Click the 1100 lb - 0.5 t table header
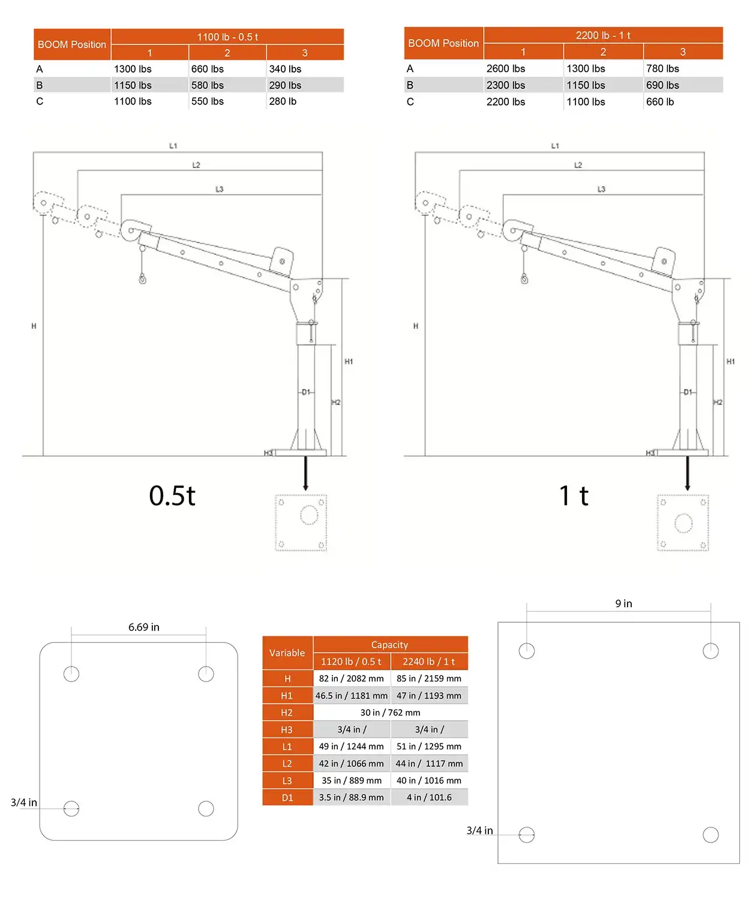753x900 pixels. click(x=227, y=37)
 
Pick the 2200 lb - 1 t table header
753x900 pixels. click(x=602, y=35)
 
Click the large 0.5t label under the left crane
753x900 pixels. click(x=172, y=495)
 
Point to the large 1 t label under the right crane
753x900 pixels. click(x=573, y=495)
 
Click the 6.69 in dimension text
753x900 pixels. click(x=143, y=627)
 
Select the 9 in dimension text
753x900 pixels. click(x=623, y=604)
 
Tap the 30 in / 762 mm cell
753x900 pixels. click(x=390, y=713)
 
